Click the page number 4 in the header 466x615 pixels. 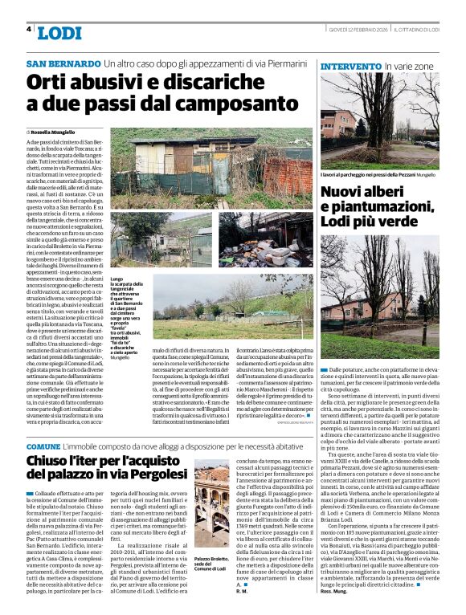(29, 29)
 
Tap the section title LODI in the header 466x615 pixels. (59, 33)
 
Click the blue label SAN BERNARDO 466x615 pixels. (63, 63)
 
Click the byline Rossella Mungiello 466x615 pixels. (52, 131)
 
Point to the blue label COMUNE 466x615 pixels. (43, 446)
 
